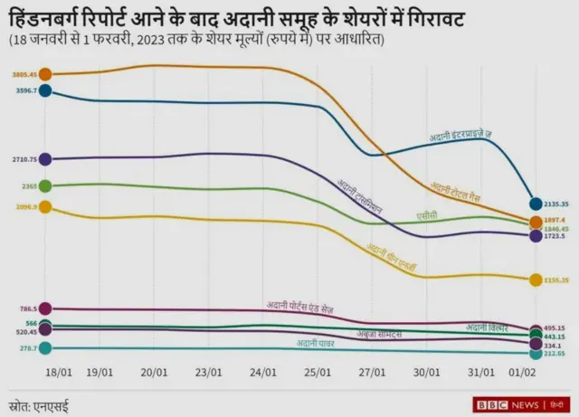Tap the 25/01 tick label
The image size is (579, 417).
pos(318,372)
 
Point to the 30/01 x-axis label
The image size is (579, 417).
pos(426,372)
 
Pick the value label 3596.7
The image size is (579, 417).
pos(24,90)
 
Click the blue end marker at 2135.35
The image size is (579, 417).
pos(536,205)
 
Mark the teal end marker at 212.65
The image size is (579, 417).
pos(536,354)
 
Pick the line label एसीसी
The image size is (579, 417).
pos(427,215)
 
